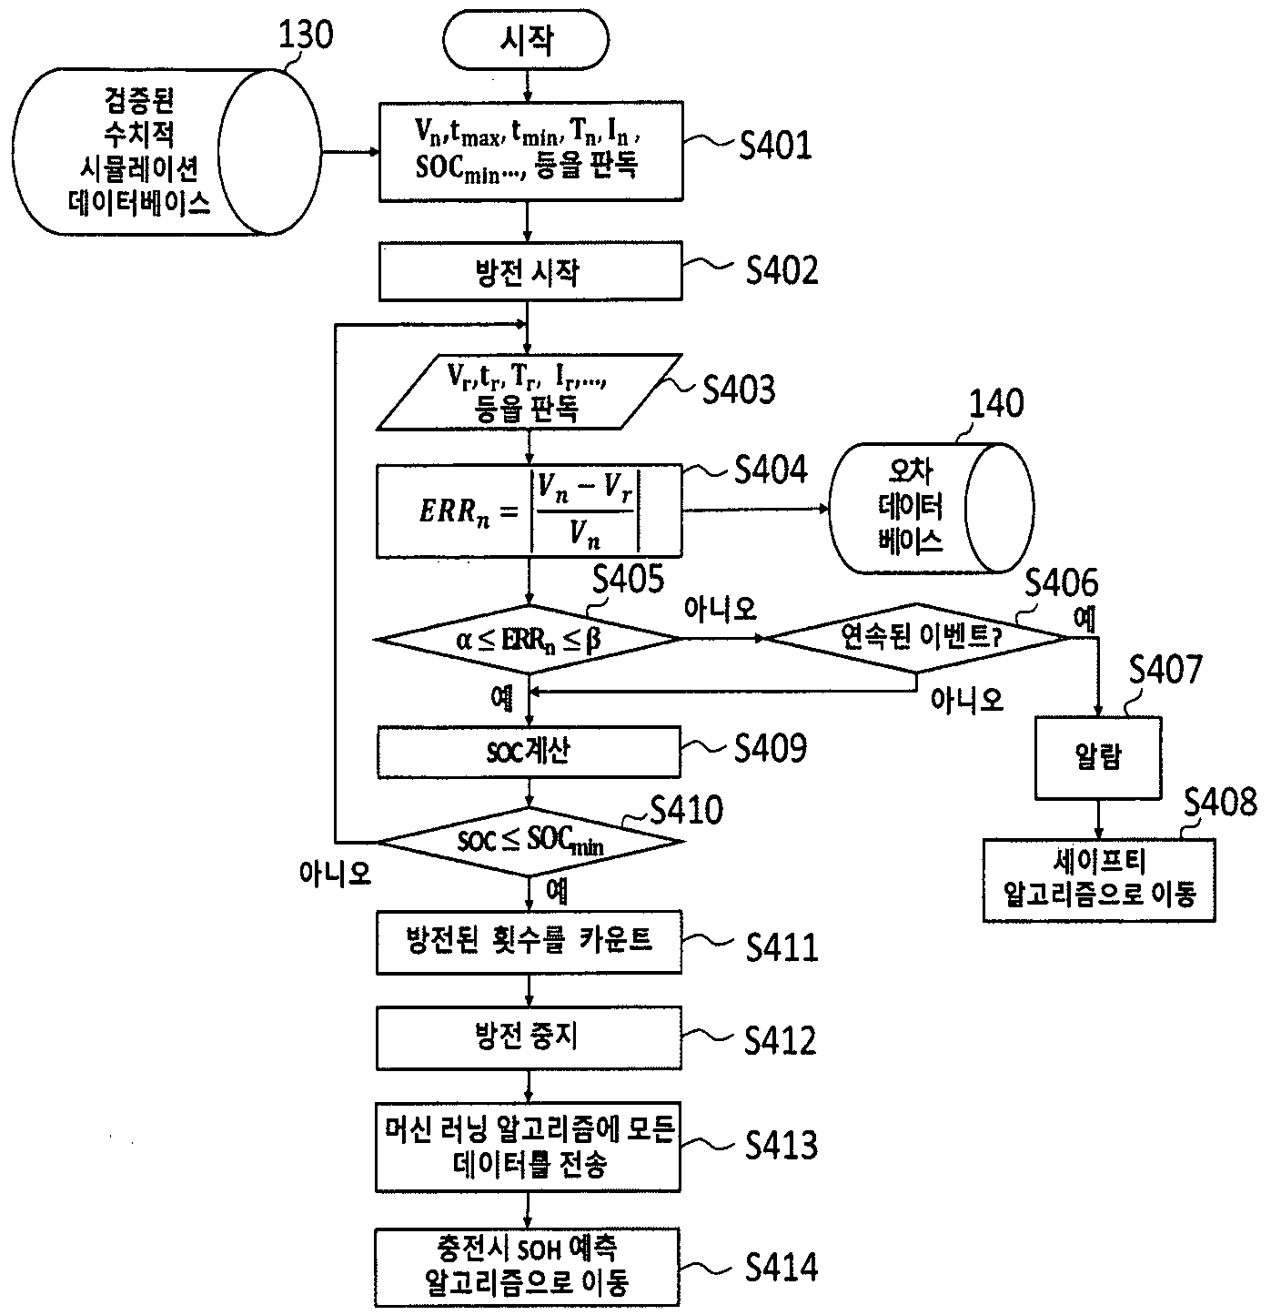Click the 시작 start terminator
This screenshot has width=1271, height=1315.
pos(526,39)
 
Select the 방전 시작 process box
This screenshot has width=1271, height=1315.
pos(530,271)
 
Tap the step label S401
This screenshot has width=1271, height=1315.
pos(775,146)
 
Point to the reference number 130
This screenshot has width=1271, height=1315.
pos(306,35)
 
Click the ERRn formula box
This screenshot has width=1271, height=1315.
pos(530,511)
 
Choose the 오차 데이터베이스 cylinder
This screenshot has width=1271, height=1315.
pos(931,508)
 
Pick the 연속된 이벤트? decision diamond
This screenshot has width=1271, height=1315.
pos(916,637)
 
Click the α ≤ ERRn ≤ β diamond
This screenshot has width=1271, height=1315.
pos(529,639)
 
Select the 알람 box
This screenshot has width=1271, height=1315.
pos(1098,757)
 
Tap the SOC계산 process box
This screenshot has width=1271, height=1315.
pos(529,752)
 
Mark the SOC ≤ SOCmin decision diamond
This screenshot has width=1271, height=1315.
pos(530,841)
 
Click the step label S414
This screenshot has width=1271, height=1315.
pos(782,1267)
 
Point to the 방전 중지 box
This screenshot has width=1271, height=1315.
pos(529,1038)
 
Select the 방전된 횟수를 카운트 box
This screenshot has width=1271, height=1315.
pos(529,942)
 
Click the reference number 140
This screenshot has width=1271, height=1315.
pos(996,403)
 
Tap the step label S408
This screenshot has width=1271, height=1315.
pos(1220,803)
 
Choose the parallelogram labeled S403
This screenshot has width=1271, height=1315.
pos(530,391)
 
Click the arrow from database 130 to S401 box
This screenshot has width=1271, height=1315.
pos(350,152)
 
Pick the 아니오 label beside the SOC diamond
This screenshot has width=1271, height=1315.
pos(335,874)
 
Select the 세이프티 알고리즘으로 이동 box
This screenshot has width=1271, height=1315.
pos(1099,881)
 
